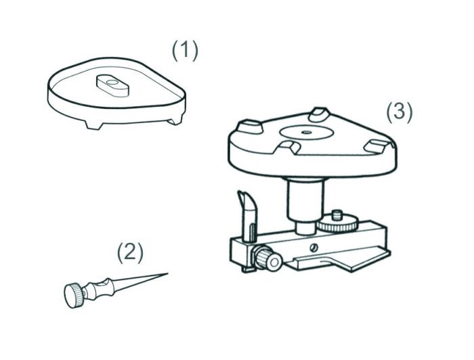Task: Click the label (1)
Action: coord(184,50)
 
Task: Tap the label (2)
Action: coord(129,252)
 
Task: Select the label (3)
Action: coord(399,111)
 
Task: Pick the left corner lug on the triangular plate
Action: coord(246,126)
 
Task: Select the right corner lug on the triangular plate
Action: coord(374,143)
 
